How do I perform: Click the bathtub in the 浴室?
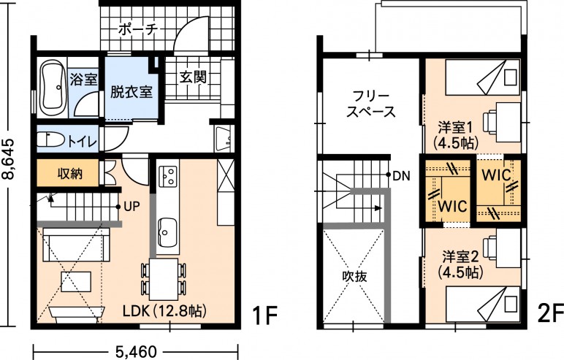click(54, 88)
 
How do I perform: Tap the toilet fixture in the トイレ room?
click(50, 139)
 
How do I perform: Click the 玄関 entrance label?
click(193, 77)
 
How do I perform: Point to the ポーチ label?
click(138, 29)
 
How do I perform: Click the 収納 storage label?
click(70, 174)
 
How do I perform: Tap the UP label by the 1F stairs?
click(132, 207)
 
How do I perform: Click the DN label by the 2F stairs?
click(402, 176)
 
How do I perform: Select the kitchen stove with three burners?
click(168, 177)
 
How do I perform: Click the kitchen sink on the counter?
click(167, 232)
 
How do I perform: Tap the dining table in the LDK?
click(164, 280)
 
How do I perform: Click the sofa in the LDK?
click(76, 245)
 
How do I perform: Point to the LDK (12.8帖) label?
click(164, 311)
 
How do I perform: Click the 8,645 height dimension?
click(8, 158)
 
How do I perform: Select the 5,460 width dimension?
click(136, 351)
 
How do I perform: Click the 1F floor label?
click(264, 315)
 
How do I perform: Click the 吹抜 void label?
click(354, 276)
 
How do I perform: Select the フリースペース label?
click(370, 104)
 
